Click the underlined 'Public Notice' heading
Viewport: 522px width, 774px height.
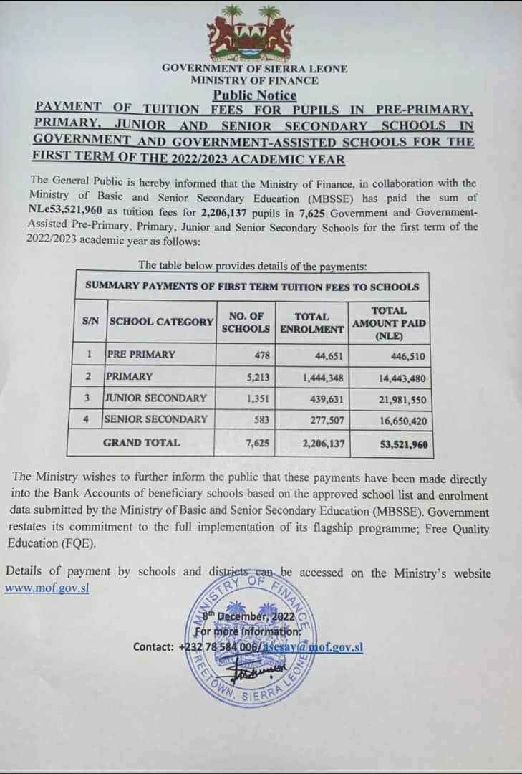click(254, 95)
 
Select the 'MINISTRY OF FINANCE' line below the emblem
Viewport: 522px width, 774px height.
click(254, 80)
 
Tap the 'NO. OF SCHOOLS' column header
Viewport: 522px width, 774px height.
click(246, 322)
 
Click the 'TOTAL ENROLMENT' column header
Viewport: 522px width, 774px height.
click(311, 322)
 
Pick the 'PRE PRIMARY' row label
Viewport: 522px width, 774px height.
click(140, 355)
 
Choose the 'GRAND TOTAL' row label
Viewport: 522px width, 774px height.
click(142, 443)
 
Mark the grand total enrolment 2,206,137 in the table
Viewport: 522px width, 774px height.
click(324, 444)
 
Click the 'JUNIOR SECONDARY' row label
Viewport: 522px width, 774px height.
click(156, 398)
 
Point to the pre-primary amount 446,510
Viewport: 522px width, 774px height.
click(408, 355)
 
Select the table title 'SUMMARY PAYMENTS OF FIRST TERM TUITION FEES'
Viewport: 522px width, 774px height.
click(252, 286)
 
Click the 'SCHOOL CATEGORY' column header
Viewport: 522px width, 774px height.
click(161, 322)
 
